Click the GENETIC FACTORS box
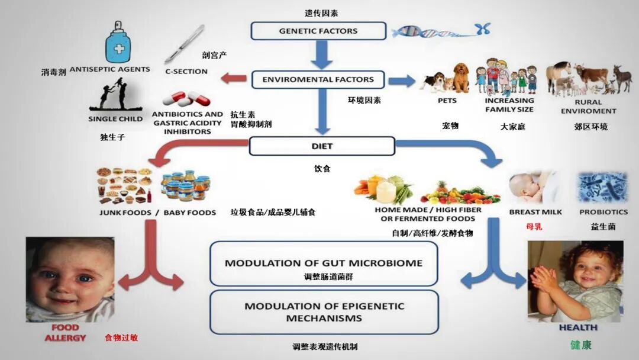pos(318,31)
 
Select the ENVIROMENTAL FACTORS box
pos(318,79)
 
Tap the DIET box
pos(322,146)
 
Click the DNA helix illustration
pos(440,30)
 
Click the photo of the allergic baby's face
pos(70,279)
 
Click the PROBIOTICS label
pos(603,212)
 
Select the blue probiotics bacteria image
pos(603,188)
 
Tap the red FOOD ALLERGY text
pos(65,333)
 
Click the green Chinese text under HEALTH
pos(581,345)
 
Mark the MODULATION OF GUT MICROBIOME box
pos(324,263)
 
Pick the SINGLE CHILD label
pos(115,118)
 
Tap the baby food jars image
pos(185,187)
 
